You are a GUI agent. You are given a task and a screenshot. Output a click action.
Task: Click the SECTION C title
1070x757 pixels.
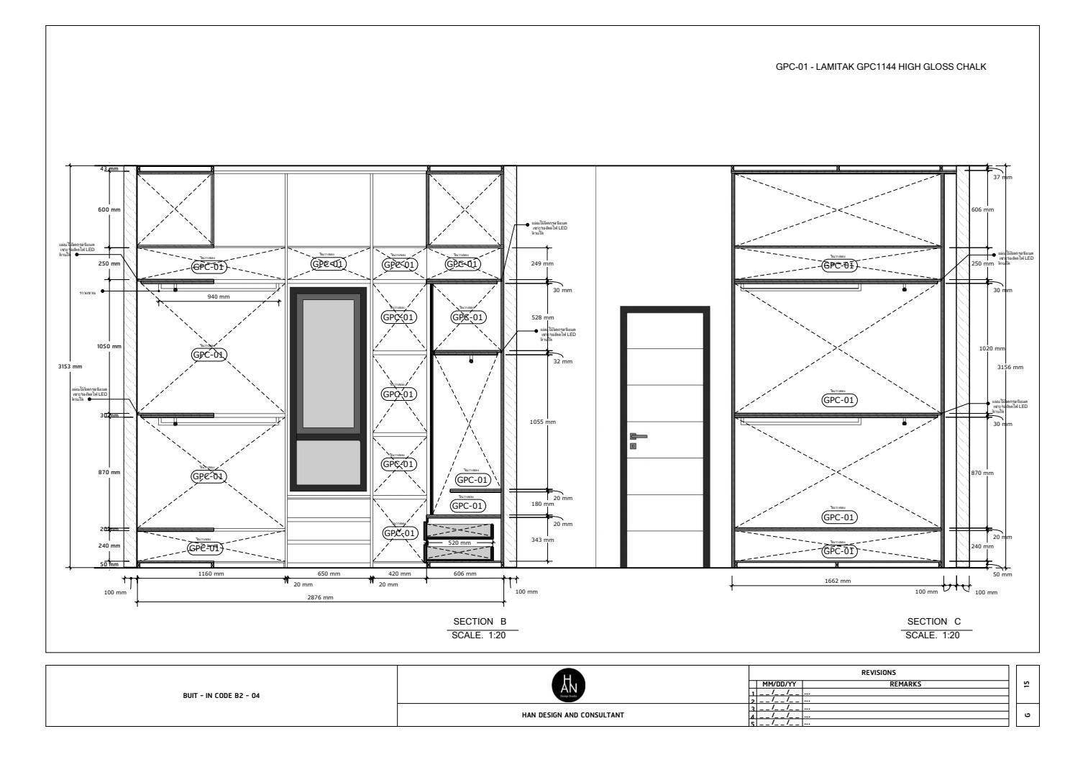pos(933,622)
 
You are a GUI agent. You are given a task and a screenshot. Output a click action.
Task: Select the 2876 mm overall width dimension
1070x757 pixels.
pos(320,597)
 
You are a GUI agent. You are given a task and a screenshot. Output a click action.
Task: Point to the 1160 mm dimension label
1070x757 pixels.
pos(211,574)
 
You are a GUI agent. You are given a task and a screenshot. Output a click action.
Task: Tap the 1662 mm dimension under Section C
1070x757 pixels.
pos(837,581)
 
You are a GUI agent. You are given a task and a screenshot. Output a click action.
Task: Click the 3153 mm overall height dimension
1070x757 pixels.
pos(70,366)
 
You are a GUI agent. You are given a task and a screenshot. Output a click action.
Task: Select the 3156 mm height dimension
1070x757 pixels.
pos(1010,368)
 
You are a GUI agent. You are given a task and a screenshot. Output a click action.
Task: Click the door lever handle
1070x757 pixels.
pos(638,436)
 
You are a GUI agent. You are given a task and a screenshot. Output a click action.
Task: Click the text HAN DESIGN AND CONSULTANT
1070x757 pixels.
pos(572,715)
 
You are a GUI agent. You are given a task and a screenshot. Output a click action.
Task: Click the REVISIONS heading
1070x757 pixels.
pos(879,673)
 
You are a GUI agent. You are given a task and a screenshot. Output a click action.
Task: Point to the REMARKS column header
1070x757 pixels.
pos(905,684)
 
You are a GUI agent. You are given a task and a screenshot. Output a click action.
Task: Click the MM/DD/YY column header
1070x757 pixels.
pos(779,684)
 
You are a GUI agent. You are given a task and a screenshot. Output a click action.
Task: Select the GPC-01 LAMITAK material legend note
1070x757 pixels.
pos(880,67)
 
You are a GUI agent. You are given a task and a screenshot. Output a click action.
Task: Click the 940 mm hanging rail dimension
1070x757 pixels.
pos(219,296)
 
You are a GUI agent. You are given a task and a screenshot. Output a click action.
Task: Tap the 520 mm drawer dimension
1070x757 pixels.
pos(459,543)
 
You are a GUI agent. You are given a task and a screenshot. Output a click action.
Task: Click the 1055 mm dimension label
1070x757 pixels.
pos(543,422)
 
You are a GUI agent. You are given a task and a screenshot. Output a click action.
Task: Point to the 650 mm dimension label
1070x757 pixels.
pos(329,574)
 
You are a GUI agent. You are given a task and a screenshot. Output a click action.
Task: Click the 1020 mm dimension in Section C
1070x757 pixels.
pos(992,349)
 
